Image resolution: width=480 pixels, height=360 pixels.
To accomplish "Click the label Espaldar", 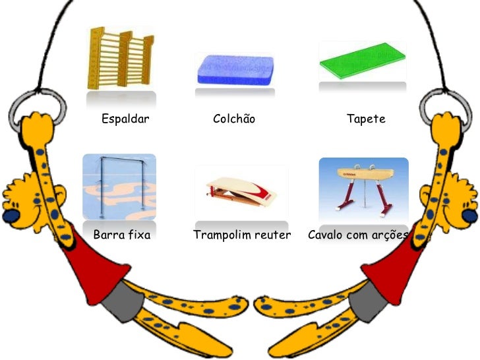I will click(125, 119).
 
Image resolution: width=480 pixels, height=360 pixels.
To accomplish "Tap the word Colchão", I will click(234, 119).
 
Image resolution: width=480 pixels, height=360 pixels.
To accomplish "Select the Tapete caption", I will click(366, 119).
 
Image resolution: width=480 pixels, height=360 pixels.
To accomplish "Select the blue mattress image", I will click(234, 68).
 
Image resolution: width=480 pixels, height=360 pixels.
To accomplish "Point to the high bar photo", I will click(119, 187).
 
